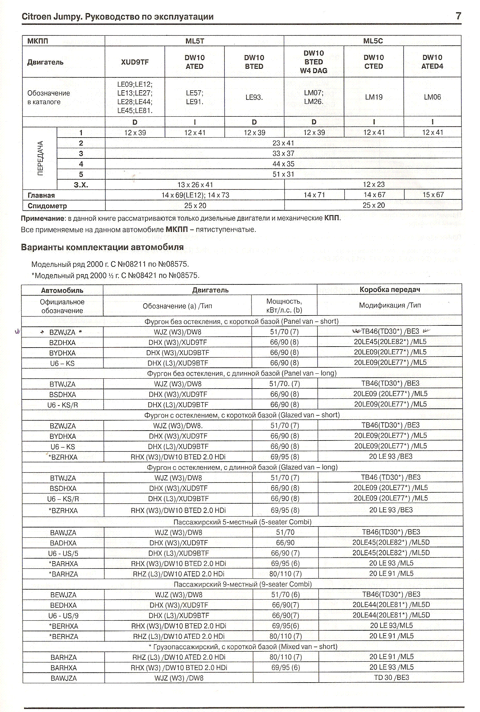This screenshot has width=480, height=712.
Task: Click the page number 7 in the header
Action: point(458,16)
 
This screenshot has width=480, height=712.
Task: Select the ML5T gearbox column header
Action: point(195,41)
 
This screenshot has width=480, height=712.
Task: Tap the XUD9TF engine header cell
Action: point(135,62)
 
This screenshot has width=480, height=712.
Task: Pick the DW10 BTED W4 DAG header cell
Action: point(313,62)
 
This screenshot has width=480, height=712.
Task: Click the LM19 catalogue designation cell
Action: point(374,97)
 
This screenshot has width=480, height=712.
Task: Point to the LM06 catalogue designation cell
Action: point(432,97)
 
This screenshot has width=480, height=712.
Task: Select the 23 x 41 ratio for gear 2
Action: point(283,143)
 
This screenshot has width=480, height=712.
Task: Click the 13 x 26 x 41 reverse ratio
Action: point(195,185)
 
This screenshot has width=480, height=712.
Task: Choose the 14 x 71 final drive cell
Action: point(314,195)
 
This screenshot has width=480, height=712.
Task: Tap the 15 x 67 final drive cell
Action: point(433,195)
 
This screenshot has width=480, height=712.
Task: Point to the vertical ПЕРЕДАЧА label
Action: point(40,158)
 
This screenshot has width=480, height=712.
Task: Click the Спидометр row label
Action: point(47,206)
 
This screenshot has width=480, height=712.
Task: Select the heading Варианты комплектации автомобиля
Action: point(102,247)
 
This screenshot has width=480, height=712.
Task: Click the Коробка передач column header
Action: point(390,290)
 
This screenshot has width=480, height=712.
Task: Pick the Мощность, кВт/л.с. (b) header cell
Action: point(284,306)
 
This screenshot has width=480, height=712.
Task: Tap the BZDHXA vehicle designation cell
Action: point(62,343)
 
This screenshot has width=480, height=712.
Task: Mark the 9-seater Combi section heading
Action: point(243,584)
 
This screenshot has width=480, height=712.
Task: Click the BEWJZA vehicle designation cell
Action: point(63,595)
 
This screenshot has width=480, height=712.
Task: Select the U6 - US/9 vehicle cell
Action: point(63,616)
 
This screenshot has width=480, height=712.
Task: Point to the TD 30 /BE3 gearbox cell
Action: point(391,678)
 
